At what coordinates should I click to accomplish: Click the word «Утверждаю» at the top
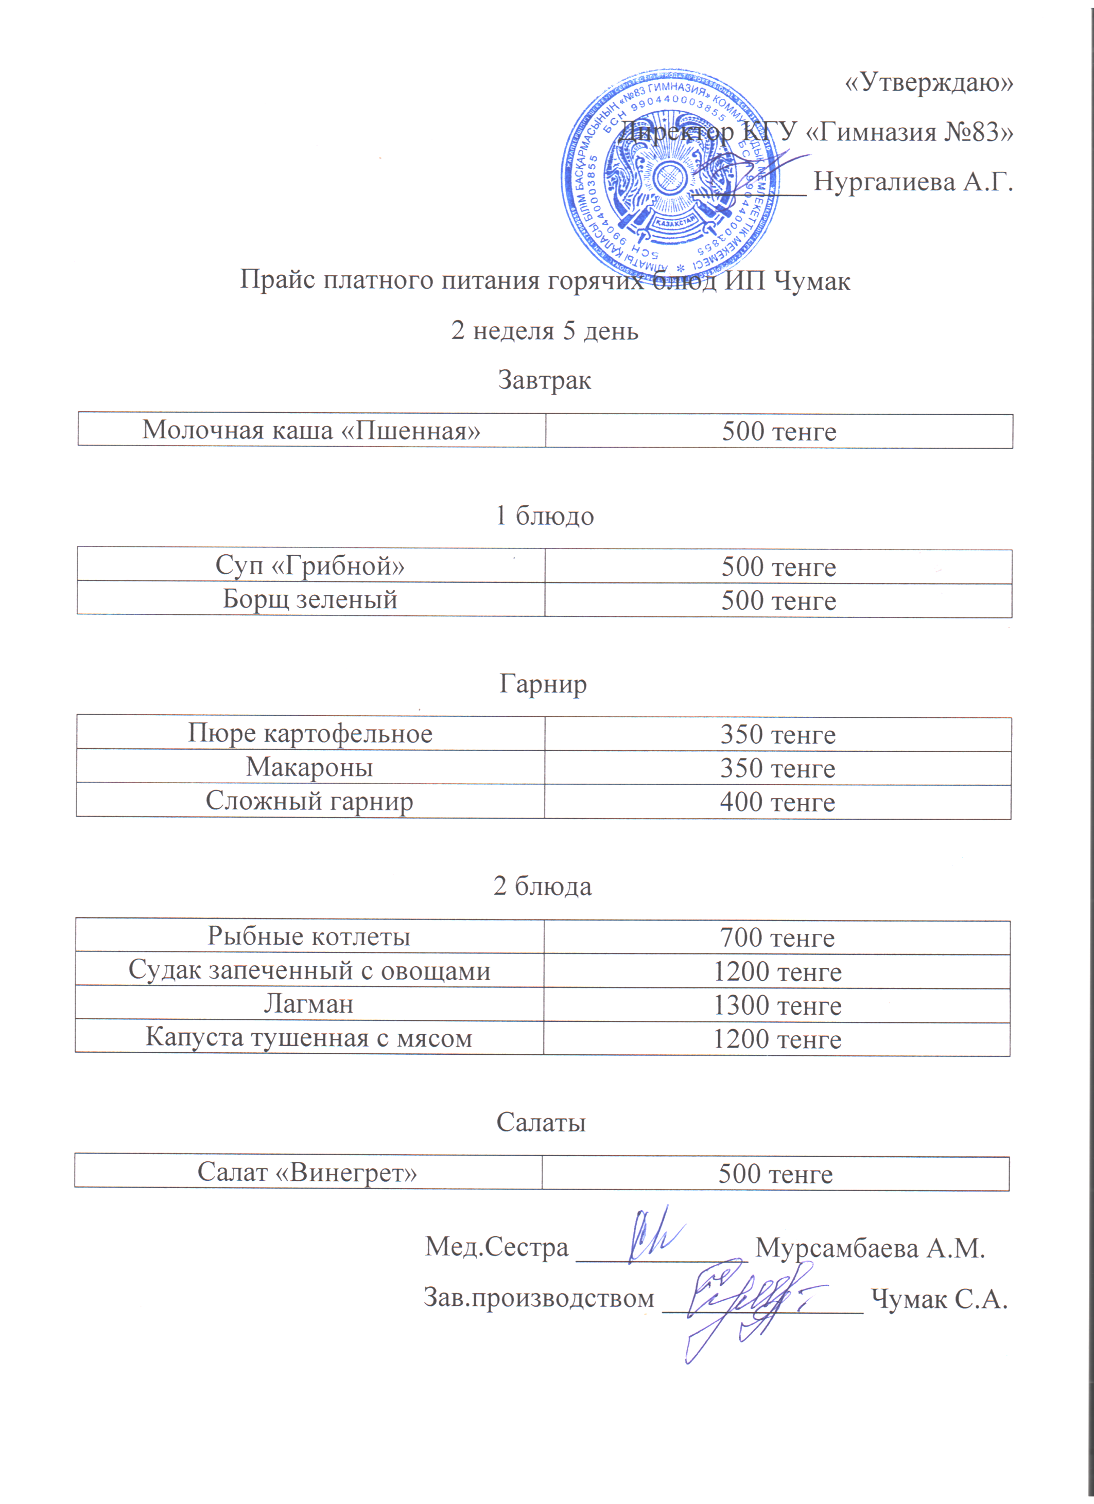[x=929, y=82]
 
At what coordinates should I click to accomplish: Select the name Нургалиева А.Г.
[x=913, y=181]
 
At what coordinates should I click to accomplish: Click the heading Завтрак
[x=544, y=380]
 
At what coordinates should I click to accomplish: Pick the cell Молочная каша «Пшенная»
[x=311, y=430]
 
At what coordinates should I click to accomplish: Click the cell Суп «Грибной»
[x=310, y=565]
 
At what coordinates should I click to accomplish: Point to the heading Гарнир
[x=543, y=683]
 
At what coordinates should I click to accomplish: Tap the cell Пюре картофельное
[x=310, y=733]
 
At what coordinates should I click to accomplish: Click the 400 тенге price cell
[x=777, y=802]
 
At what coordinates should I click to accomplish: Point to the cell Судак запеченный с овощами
[x=309, y=970]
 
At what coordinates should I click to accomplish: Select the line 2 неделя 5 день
[x=545, y=330]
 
